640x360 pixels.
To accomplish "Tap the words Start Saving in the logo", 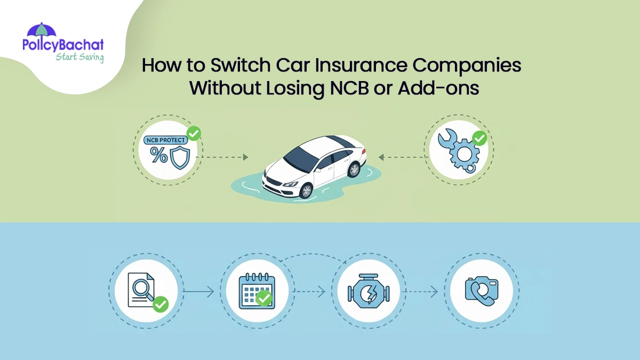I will click(x=80, y=57).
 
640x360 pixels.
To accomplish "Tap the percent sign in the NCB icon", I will click(x=159, y=155).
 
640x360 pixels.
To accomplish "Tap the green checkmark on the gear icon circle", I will click(x=479, y=139).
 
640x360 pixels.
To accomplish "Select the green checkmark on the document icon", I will click(x=160, y=305).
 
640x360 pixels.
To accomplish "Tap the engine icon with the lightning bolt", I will click(x=367, y=291).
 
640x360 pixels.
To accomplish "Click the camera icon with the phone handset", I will click(x=481, y=291).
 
